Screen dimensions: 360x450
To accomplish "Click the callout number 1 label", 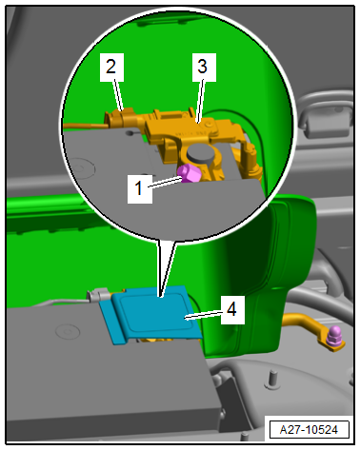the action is [x=139, y=188].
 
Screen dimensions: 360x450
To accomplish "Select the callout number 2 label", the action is [x=111, y=68].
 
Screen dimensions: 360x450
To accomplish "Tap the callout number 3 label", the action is [x=204, y=68].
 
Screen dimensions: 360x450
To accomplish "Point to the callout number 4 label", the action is [x=232, y=310].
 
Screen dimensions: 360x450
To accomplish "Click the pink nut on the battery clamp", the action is [x=190, y=174].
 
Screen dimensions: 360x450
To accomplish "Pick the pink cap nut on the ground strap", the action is [x=334, y=337].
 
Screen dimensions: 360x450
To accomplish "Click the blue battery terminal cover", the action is [x=151, y=313].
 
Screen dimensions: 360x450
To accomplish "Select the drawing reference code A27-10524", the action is [x=309, y=430].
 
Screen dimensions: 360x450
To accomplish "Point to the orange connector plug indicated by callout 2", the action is [x=121, y=117].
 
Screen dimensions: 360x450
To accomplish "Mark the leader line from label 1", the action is [x=166, y=184].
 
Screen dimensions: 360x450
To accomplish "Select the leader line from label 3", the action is [x=201, y=102].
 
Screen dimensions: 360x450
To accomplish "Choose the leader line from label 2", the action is [x=118, y=96].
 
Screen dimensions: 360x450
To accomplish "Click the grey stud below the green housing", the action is [x=270, y=379].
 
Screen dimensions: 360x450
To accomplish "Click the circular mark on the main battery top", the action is [x=68, y=331].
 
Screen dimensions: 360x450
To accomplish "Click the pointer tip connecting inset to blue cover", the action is [x=161, y=297].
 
